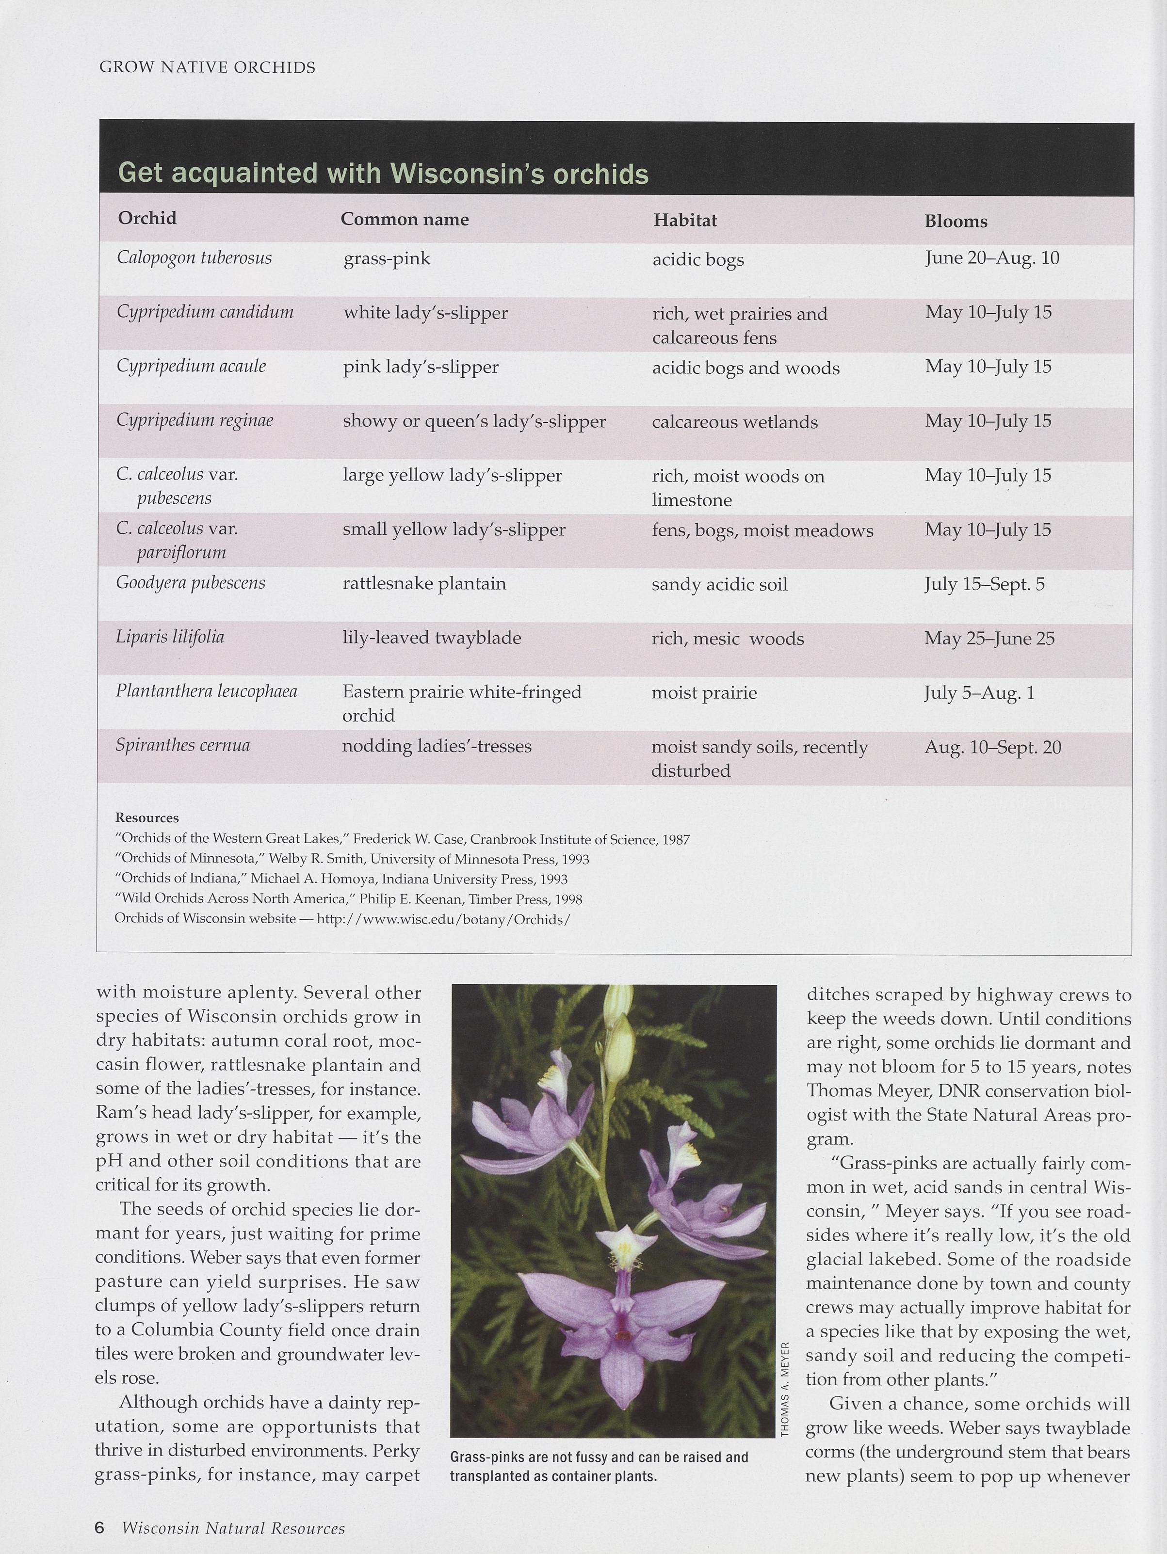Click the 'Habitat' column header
pos(685,221)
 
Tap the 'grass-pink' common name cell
pos(387,259)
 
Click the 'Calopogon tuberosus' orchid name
pos(194,258)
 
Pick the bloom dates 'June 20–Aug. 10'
pos(992,258)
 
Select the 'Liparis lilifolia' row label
pos(170,637)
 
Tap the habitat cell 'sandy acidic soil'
pos(719,584)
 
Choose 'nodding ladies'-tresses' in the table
pos(437,746)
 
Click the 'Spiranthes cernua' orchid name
pos(183,745)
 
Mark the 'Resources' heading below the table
pos(147,818)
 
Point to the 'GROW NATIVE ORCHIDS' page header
pos(207,67)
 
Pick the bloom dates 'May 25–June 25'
pos(989,639)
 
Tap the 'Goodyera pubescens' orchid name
pos(191,583)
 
